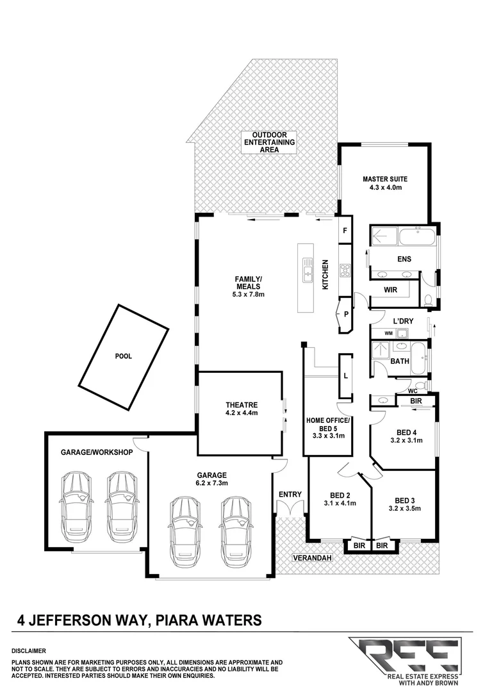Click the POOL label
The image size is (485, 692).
click(123, 356)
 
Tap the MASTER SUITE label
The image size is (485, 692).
click(384, 179)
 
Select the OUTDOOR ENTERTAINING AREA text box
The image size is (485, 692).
click(269, 142)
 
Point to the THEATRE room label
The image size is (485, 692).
click(242, 404)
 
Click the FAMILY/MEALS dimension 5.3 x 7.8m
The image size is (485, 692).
click(249, 295)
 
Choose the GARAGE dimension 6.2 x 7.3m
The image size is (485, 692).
click(212, 483)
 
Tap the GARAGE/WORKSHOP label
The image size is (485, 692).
click(96, 452)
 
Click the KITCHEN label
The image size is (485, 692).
click(325, 275)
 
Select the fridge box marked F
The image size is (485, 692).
click(345, 231)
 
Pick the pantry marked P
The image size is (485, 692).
click(345, 314)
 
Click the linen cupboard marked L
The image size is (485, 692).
click(345, 376)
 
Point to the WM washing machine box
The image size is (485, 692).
click(388, 333)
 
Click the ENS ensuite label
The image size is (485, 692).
click(404, 259)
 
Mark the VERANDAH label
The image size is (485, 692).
click(312, 558)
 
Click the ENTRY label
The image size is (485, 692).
click(290, 494)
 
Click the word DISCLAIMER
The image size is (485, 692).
click(28, 650)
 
